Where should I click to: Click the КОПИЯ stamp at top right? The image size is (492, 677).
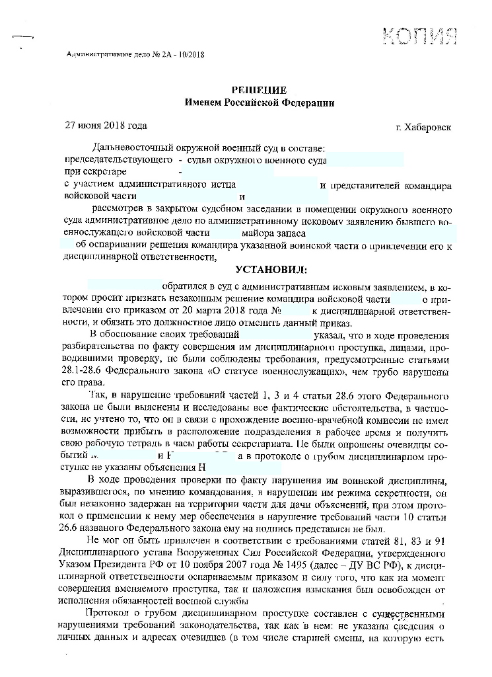pyautogui.click(x=419, y=34)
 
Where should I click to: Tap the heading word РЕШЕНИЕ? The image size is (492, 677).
pyautogui.click(x=259, y=90)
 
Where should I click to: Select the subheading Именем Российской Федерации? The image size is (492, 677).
pyautogui.click(x=259, y=102)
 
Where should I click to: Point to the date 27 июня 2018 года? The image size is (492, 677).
pyautogui.click(x=105, y=125)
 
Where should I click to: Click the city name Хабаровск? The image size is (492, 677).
pyautogui.click(x=429, y=126)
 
